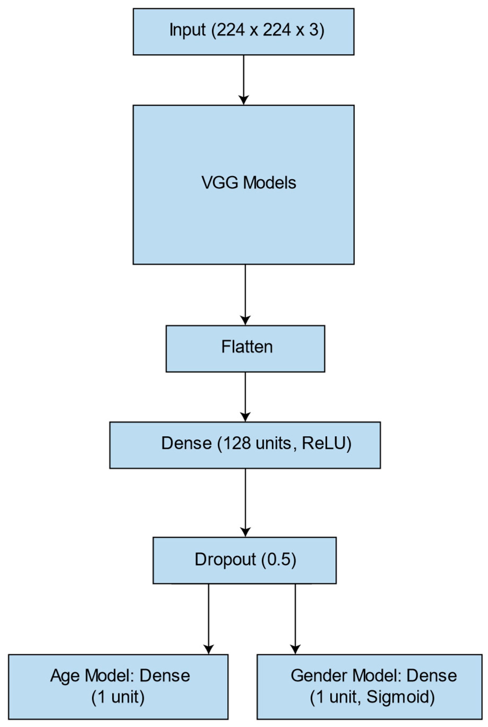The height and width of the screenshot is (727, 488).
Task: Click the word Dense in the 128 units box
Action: pos(186,443)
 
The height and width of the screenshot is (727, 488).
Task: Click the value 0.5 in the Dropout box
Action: pos(278,560)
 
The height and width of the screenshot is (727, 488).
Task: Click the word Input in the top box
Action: pos(187,30)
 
